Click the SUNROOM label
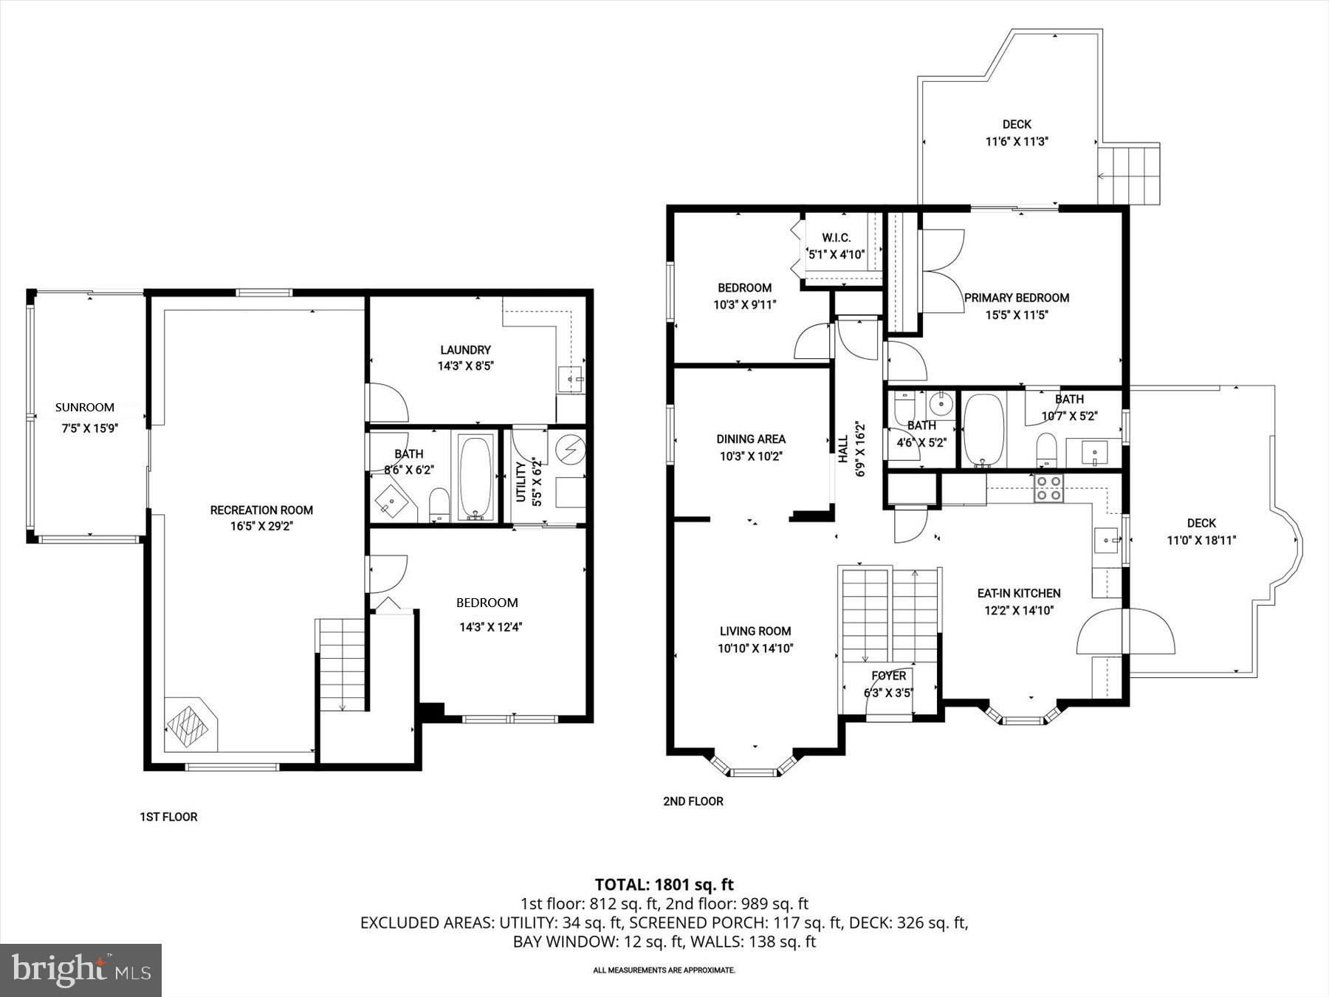coord(85,407)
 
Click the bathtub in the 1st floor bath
coord(475,476)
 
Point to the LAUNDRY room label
coord(465,350)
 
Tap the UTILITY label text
coord(521,482)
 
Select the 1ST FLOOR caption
coord(168,817)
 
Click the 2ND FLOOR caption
coord(693,801)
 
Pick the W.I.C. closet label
coord(837,238)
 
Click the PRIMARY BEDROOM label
coord(1016,298)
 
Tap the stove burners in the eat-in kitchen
coord(1048,488)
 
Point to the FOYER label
coord(888,676)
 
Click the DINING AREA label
coord(751,439)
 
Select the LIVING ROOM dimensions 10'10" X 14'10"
coord(755,648)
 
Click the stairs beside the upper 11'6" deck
coord(1128,175)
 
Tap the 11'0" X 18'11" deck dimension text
coord(1201,540)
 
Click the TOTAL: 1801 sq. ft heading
coord(664,884)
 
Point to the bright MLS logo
coord(80,970)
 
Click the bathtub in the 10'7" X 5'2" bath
coord(983,430)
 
